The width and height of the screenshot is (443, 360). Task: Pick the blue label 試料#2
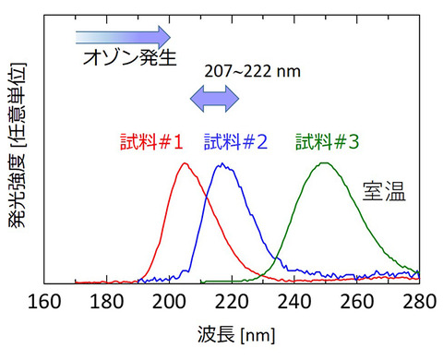click(235, 142)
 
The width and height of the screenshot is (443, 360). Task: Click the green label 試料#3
click(329, 142)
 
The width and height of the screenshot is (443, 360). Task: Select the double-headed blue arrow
click(214, 95)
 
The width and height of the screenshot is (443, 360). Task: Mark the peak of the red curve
click(186, 163)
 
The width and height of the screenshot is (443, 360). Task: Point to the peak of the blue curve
click(221, 164)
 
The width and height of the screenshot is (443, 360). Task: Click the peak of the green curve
click(324, 162)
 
